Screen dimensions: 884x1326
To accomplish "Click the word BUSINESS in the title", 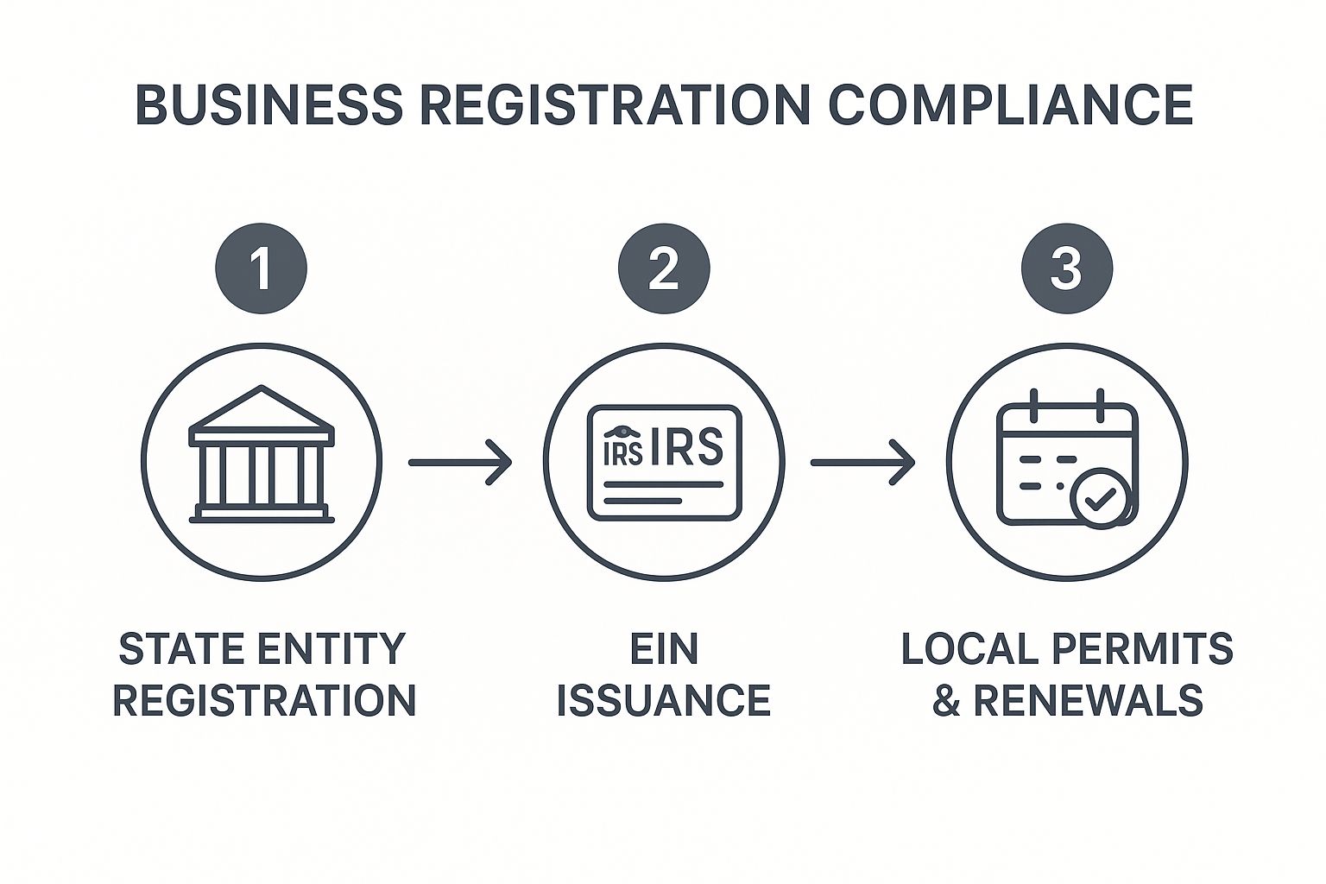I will (x=268, y=105).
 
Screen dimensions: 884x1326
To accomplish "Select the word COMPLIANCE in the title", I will (x=1010, y=105).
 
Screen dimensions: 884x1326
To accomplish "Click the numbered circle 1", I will (x=261, y=268).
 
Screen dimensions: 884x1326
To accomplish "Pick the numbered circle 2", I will (x=663, y=268).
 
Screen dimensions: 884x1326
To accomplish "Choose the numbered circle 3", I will (x=1066, y=268).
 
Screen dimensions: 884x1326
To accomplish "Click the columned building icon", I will (x=262, y=458).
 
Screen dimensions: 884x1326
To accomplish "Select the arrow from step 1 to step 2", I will (x=459, y=463).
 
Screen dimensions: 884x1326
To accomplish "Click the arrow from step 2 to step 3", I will (x=862, y=463).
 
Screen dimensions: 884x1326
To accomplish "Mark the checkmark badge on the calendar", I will (x=1098, y=499).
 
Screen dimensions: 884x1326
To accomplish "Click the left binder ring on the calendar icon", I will (x=1034, y=405).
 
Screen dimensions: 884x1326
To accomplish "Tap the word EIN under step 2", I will (x=663, y=649).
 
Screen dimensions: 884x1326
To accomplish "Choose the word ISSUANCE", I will (x=663, y=700).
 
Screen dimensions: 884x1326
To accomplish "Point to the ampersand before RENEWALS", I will (x=946, y=700).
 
